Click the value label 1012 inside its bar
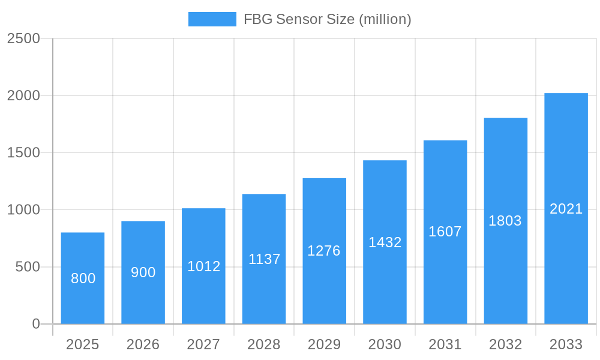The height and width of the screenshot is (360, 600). click(204, 266)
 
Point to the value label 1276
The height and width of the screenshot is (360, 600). click(324, 251)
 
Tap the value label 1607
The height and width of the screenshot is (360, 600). click(445, 232)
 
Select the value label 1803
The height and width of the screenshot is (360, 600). click(505, 221)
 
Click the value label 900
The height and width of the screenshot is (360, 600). click(143, 272)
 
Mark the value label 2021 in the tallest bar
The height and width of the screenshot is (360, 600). click(566, 209)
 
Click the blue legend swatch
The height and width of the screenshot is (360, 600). click(212, 19)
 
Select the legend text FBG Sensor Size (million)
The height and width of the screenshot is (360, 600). click(327, 19)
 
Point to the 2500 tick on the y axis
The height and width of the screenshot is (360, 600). click(23, 38)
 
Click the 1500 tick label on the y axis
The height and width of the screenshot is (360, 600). click(23, 153)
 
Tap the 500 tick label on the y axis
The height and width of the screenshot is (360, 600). click(28, 267)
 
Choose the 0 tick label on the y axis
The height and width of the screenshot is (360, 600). click(35, 324)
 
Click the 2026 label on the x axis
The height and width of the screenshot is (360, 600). click(143, 344)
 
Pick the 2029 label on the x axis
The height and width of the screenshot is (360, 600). click(324, 344)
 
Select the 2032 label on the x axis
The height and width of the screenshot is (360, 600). click(505, 344)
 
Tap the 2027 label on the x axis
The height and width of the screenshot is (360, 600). click(203, 344)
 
